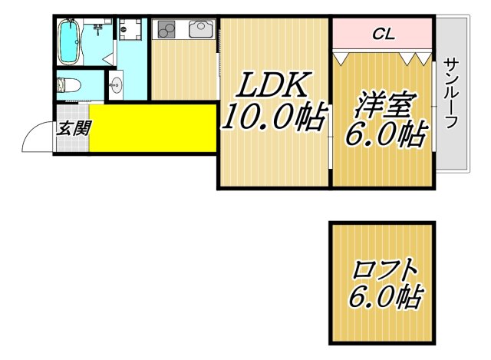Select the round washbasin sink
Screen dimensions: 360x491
(117, 84)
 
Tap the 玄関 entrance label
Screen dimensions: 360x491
(74, 127)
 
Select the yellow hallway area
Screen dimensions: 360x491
(153, 129)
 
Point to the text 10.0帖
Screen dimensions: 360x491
(274, 118)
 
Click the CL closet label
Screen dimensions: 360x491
(383, 34)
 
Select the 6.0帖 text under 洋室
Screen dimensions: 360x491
(385, 136)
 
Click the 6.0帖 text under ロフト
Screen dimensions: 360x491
(386, 297)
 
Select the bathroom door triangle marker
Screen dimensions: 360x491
(112, 57)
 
